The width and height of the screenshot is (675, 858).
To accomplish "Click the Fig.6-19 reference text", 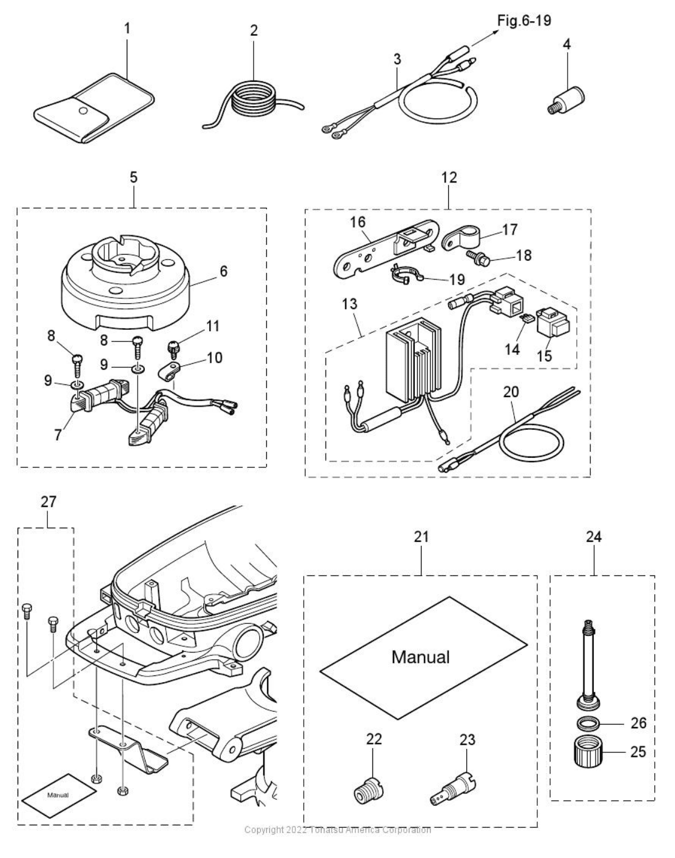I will click(x=524, y=21).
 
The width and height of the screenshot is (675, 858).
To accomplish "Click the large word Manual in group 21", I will click(x=420, y=656).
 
